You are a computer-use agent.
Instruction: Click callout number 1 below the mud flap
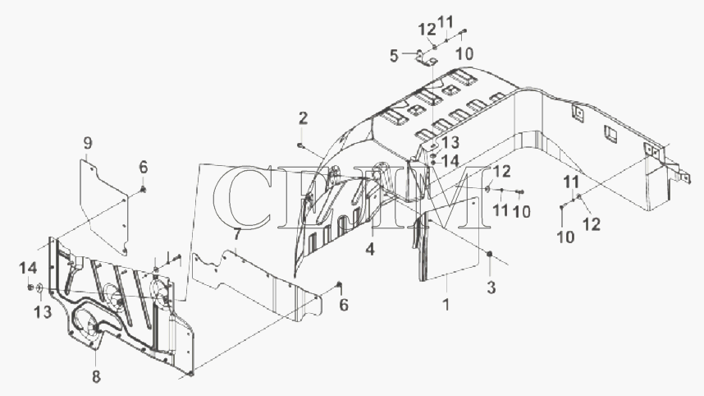pyautogui.click(x=446, y=305)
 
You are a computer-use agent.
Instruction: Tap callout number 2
pyautogui.click(x=303, y=118)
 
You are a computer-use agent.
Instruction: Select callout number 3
pyautogui.click(x=491, y=288)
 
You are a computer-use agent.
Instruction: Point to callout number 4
pyautogui.click(x=369, y=249)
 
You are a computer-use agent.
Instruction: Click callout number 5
pyautogui.click(x=394, y=57)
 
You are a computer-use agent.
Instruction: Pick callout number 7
pyautogui.click(x=236, y=235)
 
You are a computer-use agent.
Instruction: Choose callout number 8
pyautogui.click(x=96, y=376)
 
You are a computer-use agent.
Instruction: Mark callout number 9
pyautogui.click(x=88, y=143)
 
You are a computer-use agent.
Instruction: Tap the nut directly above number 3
pyautogui.click(x=490, y=255)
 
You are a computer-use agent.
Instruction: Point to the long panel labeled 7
pyautogui.click(x=258, y=287)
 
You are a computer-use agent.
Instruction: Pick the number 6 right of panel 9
pyautogui.click(x=143, y=168)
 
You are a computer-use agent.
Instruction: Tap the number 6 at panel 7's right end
pyautogui.click(x=344, y=305)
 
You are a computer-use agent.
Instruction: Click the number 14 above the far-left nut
pyautogui.click(x=28, y=269)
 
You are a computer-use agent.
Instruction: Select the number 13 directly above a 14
pyautogui.click(x=450, y=143)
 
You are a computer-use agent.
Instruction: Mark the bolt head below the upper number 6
pyautogui.click(x=144, y=190)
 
